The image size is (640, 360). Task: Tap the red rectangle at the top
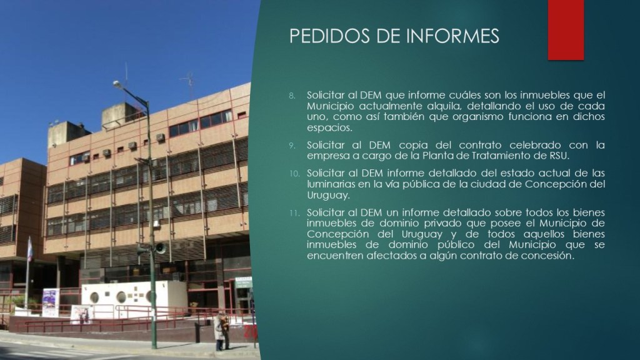pyautogui.click(x=566, y=30)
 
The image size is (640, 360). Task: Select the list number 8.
pyautogui.click(x=292, y=96)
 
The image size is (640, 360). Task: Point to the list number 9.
pyautogui.click(x=292, y=146)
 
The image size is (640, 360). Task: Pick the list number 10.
pyautogui.click(x=294, y=174)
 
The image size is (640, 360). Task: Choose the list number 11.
pyautogui.click(x=294, y=214)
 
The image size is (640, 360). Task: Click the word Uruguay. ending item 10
pyautogui.click(x=328, y=196)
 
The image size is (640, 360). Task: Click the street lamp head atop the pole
pyautogui.click(x=118, y=84)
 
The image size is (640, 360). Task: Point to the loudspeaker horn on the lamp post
pyautogui.click(x=159, y=247)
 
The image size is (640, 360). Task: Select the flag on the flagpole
pyautogui.click(x=30, y=250)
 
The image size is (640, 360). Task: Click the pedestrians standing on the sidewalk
pyautogui.click(x=221, y=331)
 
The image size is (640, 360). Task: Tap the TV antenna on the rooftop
pyautogui.click(x=189, y=84)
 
